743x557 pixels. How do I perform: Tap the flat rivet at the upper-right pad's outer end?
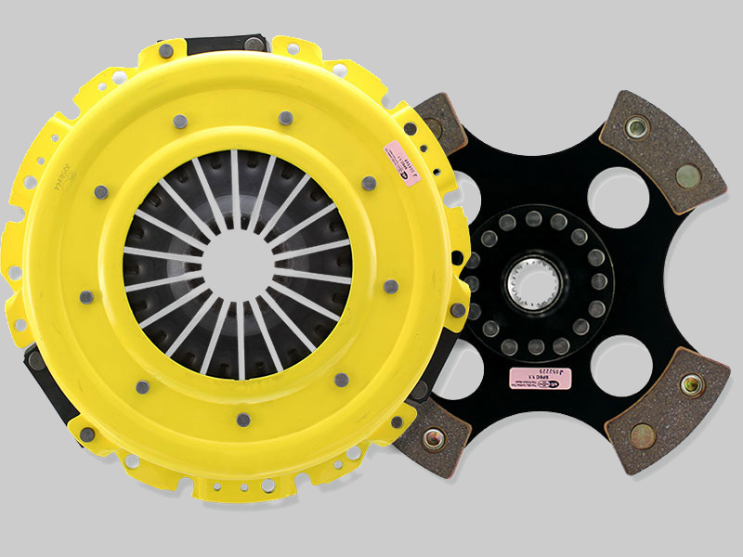coord(687,173)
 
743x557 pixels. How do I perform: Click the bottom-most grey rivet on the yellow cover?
coord(242,420)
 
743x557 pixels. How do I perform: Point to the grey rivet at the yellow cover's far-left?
coord(85,297)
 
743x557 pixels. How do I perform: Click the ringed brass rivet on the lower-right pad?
coord(691,383)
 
